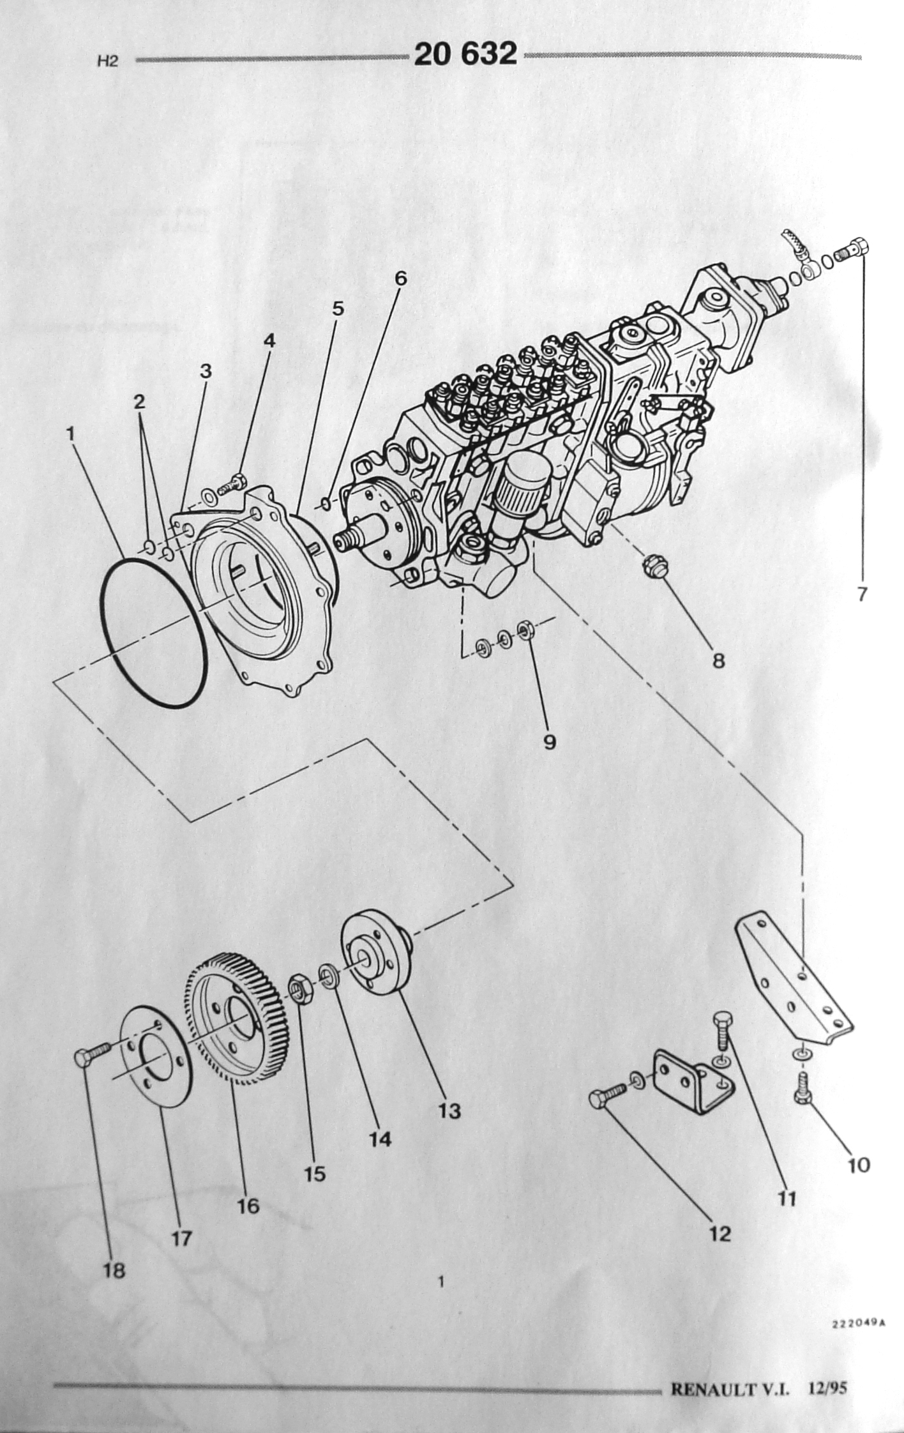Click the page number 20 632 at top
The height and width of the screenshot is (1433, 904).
pos(465,54)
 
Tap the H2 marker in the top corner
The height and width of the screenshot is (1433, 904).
pos(108,63)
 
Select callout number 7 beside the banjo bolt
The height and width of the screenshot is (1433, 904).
pos(862,595)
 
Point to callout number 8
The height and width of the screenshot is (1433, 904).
pos(719,660)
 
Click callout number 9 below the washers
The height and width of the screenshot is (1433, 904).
pos(549,741)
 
